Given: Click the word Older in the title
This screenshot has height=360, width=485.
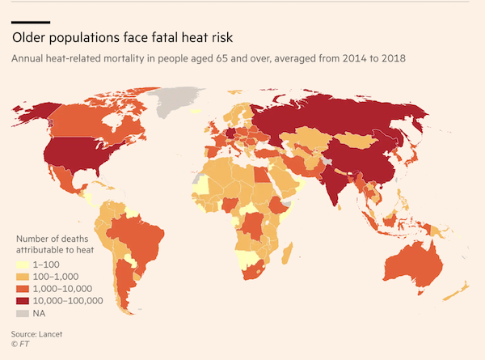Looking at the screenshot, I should pos(30,38).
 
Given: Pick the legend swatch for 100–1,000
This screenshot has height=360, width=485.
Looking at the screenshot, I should pos(22,277).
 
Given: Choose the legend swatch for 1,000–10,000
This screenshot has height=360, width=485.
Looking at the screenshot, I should pos(22,289).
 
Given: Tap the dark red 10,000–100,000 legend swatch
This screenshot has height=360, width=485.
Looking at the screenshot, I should pos(22,301).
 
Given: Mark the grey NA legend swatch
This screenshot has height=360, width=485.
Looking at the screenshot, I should pos(22,313).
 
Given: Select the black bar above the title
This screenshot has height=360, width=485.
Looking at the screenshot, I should pos(32,22).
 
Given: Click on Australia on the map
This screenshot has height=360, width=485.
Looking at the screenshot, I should pos(413,258).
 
